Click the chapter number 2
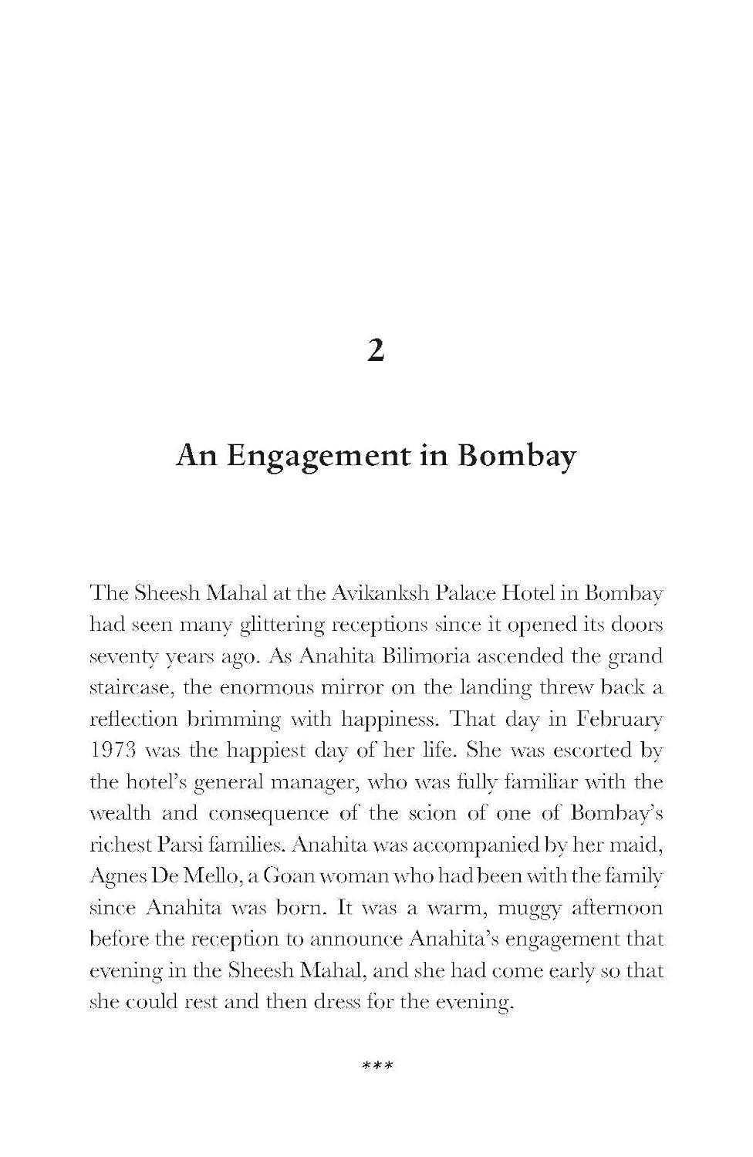point(375,352)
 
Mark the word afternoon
point(617,908)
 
